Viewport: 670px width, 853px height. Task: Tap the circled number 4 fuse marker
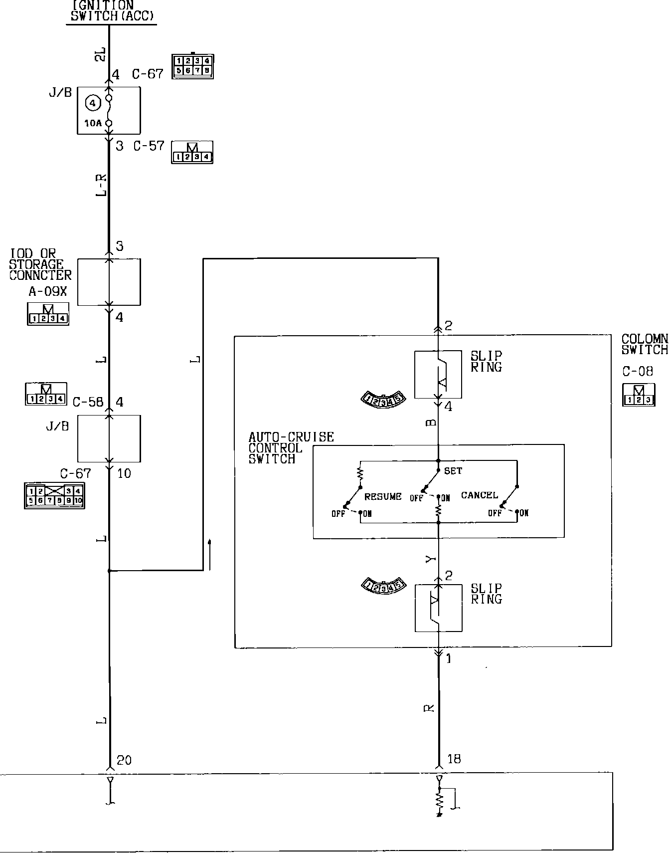pyautogui.click(x=93, y=103)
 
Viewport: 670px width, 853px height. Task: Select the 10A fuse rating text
pyautogui.click(x=93, y=123)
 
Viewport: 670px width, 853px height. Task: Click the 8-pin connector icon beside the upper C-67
pyautogui.click(x=193, y=66)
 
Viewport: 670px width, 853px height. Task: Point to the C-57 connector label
pyautogui.click(x=149, y=146)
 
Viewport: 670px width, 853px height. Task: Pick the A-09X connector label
pyautogui.click(x=47, y=291)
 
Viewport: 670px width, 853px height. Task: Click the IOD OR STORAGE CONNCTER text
pyautogui.click(x=40, y=264)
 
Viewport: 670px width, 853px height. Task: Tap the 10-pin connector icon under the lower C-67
pyautogui.click(x=54, y=496)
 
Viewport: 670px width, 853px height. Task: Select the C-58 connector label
pyautogui.click(x=88, y=402)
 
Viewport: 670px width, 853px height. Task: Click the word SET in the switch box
pyautogui.click(x=453, y=470)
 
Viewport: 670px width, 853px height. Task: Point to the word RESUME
pyautogui.click(x=383, y=497)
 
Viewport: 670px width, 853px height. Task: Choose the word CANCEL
pyautogui.click(x=479, y=495)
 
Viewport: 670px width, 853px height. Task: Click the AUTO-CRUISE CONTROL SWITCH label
pyautogui.click(x=291, y=448)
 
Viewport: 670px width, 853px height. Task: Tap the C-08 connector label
pyautogui.click(x=637, y=371)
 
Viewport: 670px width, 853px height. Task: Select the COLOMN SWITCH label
pyautogui.click(x=644, y=345)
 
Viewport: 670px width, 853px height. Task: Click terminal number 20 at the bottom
pyautogui.click(x=124, y=760)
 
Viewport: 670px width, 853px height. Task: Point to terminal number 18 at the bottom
pyautogui.click(x=454, y=759)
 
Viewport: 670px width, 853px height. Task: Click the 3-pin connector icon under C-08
pyautogui.click(x=638, y=395)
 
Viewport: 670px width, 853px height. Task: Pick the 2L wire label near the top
pyautogui.click(x=100, y=54)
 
